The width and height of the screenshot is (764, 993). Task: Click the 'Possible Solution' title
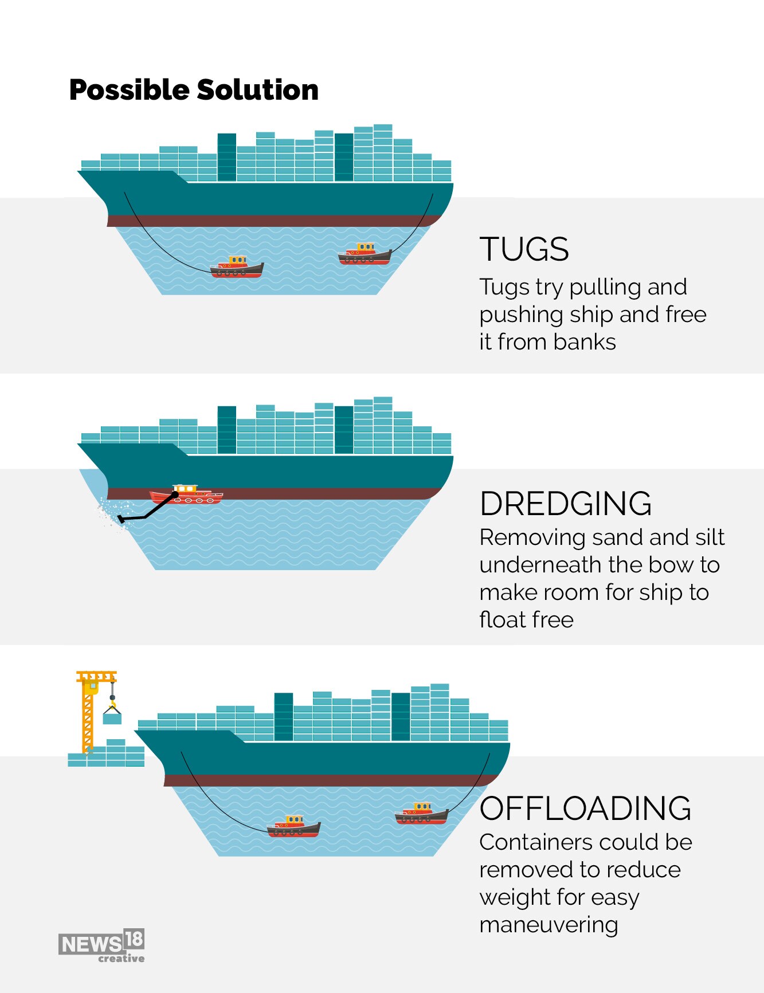pos(194,90)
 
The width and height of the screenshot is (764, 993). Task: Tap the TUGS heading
pos(524,249)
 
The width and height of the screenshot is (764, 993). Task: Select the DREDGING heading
pos(566,504)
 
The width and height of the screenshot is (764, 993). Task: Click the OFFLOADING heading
pos(586,808)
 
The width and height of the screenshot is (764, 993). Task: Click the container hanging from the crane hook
pos(112,716)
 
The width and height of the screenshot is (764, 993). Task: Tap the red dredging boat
pos(186,494)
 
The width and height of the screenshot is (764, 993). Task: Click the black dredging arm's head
pos(121,519)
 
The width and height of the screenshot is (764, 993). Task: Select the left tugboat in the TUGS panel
pos(237,266)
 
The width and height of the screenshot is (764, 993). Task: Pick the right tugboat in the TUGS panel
pos(365,254)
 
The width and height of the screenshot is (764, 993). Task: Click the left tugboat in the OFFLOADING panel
pos(293,826)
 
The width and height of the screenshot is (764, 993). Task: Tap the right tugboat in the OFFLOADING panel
pos(422,813)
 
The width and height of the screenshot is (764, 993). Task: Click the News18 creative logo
pos(101,945)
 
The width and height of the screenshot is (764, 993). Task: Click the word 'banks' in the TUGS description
pos(585,342)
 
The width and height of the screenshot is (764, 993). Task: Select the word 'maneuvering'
pos(548,925)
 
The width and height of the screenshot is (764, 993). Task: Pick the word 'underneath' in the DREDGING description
pos(540,565)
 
